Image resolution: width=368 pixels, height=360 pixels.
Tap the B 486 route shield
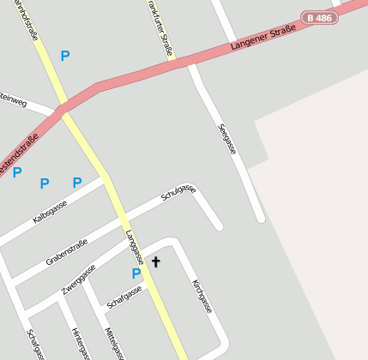pyautogui.click(x=319, y=17)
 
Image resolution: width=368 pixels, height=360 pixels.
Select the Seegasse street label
pyautogui.click(x=227, y=140)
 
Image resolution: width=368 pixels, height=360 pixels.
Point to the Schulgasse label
pyautogui.click(x=178, y=194)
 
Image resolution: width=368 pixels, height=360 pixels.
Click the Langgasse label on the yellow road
pyautogui.click(x=133, y=247)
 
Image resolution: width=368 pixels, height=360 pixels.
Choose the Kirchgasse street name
pyautogui.click(x=202, y=296)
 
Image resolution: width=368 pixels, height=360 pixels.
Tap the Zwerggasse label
pyautogui.click(x=78, y=280)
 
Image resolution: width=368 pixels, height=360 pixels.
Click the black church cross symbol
pyautogui.click(x=155, y=261)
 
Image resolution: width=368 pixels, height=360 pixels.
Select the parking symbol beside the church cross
pyautogui.click(x=136, y=273)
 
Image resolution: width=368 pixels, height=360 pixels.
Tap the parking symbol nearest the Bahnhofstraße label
pyautogui.click(x=64, y=56)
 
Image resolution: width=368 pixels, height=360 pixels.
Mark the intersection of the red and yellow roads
pyautogui.click(x=61, y=109)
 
